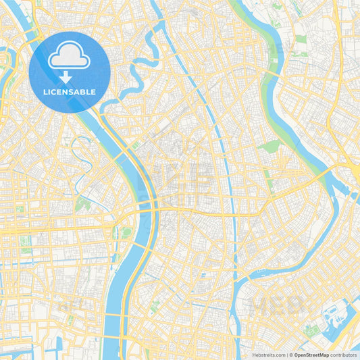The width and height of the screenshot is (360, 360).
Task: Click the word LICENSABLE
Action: [x=70, y=92]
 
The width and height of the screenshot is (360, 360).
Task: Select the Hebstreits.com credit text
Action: [x=265, y=354]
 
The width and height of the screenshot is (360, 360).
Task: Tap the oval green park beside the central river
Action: [x=126, y=233]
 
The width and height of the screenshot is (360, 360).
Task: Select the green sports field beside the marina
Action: [x=311, y=330]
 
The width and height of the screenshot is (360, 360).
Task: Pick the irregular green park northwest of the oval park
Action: [x=84, y=203]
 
